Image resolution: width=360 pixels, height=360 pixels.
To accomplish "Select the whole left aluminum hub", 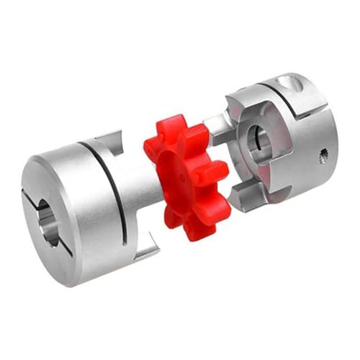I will pos(86,205).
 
